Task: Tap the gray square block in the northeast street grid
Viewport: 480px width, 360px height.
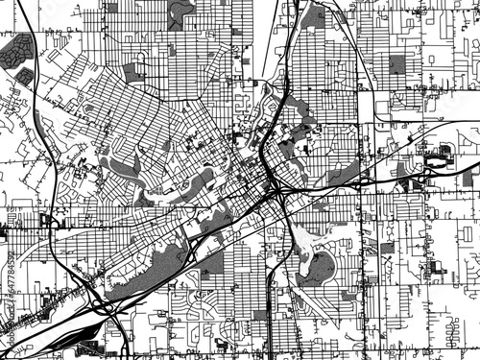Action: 396,64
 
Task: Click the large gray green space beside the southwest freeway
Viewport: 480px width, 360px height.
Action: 144,269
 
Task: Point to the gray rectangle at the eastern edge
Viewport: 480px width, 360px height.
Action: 468,173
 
